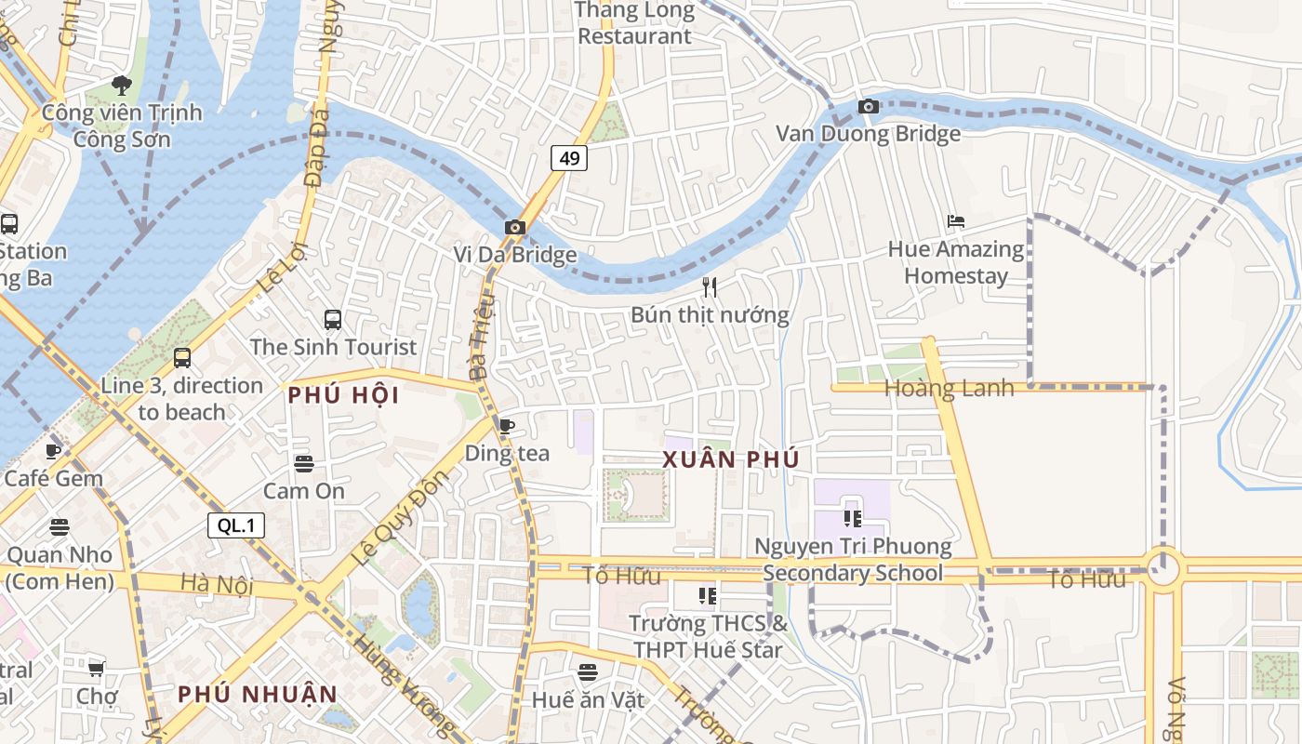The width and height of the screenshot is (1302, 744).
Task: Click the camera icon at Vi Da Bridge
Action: point(514,227)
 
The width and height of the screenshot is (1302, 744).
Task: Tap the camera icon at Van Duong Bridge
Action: point(869,107)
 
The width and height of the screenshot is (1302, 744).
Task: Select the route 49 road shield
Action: point(569,158)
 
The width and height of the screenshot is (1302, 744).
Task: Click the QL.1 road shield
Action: point(236,525)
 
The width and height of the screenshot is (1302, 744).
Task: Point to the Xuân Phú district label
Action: point(731,459)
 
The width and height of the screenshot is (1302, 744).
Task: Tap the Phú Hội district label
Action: point(343,395)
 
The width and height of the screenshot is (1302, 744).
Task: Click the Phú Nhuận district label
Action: point(258,694)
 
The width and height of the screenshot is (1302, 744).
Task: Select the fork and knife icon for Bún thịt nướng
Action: point(710,286)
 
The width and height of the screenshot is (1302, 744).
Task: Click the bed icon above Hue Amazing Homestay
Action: point(955,221)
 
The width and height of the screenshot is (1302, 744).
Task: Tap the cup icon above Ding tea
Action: point(507,426)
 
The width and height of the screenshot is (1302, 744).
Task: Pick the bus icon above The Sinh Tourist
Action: point(333,320)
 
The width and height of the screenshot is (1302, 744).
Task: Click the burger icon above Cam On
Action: point(303,463)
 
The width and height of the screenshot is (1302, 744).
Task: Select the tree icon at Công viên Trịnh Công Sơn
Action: point(121,86)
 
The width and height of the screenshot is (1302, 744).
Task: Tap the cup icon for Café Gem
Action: point(53,451)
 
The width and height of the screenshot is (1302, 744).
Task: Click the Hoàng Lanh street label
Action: point(949,388)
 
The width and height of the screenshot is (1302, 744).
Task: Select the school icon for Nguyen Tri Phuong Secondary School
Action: point(853,518)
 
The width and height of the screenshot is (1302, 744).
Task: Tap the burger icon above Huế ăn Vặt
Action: point(587,671)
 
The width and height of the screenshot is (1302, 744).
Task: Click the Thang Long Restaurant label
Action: point(635,23)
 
